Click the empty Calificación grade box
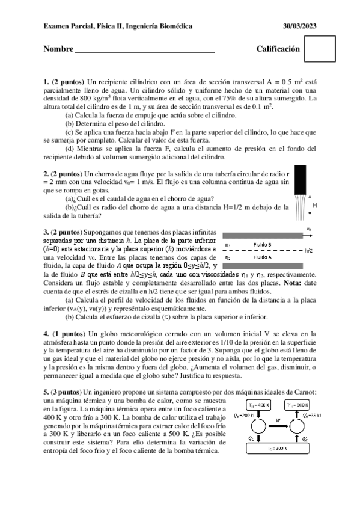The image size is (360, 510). tap(319, 48)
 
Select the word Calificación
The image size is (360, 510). tap(278, 49)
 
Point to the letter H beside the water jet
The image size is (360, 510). tap(315, 205)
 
